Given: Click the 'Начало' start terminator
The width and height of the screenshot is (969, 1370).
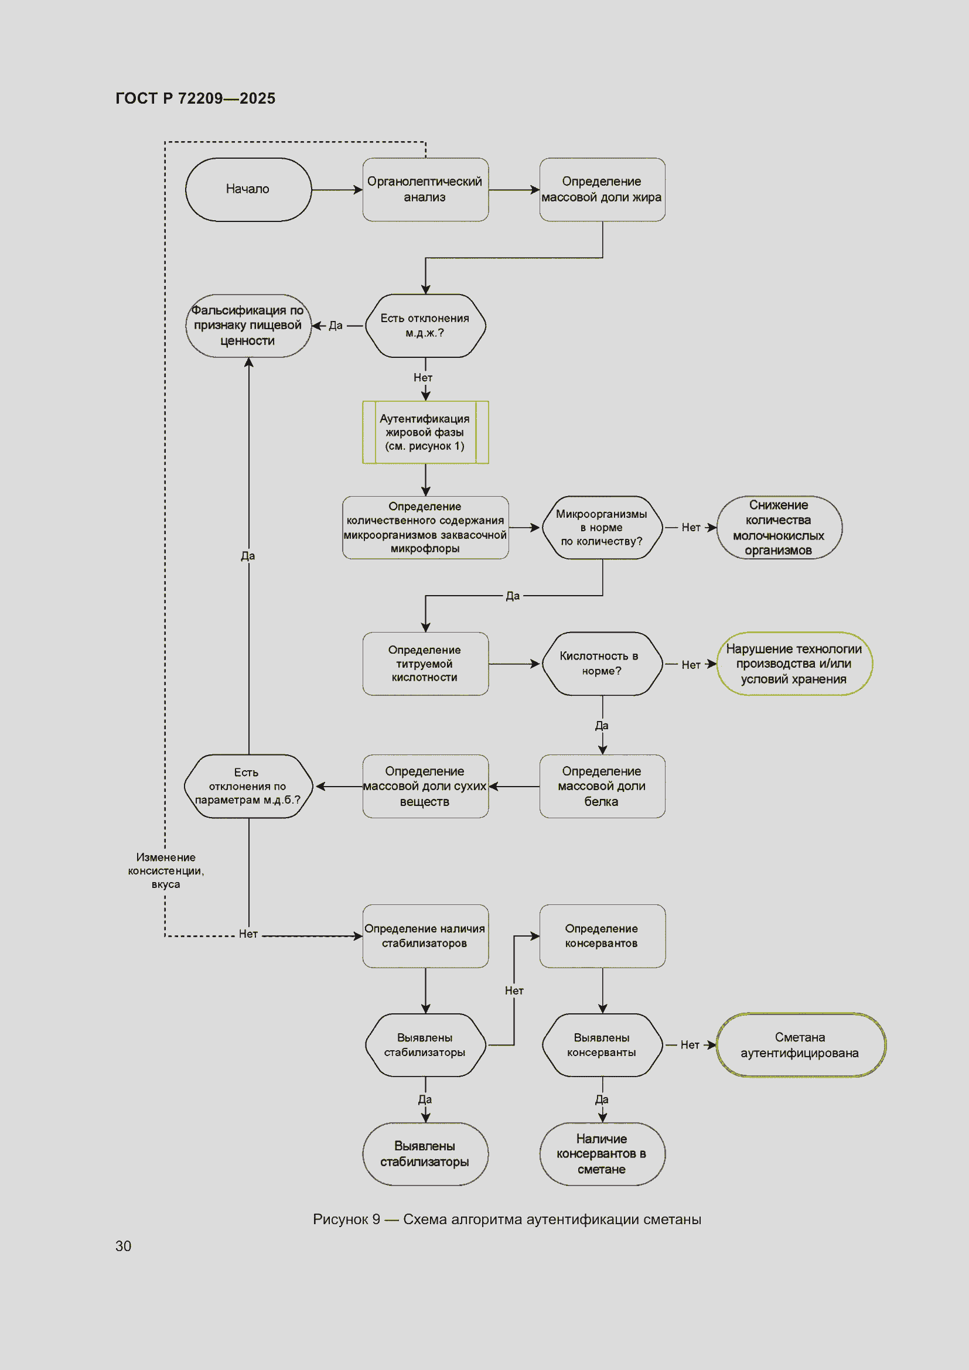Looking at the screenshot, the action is [248, 190].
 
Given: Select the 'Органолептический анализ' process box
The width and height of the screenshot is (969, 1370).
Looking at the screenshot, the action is [425, 190].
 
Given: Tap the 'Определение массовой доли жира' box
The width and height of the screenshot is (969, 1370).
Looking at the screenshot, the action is [602, 190].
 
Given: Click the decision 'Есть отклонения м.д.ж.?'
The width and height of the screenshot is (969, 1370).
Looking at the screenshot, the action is [425, 326].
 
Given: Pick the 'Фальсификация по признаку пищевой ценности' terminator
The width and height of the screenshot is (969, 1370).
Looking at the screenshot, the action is [248, 326].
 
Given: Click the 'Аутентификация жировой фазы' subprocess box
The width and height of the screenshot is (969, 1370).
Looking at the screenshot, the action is [425, 433].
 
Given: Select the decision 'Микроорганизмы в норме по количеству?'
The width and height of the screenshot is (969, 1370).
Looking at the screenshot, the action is [602, 528].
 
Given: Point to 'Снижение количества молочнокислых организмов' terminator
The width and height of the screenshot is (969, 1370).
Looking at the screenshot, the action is [779, 528].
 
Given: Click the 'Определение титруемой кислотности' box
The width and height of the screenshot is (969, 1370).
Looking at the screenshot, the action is [425, 664].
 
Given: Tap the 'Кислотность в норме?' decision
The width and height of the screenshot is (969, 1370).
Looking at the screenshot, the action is [602, 664].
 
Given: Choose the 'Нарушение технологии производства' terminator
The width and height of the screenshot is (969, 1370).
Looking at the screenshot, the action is [794, 664].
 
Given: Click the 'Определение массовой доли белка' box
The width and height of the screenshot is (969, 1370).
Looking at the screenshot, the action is [602, 787].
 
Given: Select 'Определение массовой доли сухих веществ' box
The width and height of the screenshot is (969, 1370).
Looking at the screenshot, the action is [425, 787].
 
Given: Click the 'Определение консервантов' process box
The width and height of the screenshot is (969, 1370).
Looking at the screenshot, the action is [602, 936].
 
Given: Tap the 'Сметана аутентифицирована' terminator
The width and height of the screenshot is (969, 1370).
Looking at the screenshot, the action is [801, 1046].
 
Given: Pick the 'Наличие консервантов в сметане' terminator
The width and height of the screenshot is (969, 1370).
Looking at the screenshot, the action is [602, 1154].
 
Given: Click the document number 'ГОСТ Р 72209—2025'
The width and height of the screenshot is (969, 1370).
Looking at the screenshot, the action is [195, 98].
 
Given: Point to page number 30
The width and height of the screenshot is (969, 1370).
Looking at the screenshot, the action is [123, 1246].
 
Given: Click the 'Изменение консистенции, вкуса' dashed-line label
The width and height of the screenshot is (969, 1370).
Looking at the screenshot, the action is [166, 870].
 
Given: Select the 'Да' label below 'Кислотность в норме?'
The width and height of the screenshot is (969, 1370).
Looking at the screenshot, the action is [602, 726].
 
